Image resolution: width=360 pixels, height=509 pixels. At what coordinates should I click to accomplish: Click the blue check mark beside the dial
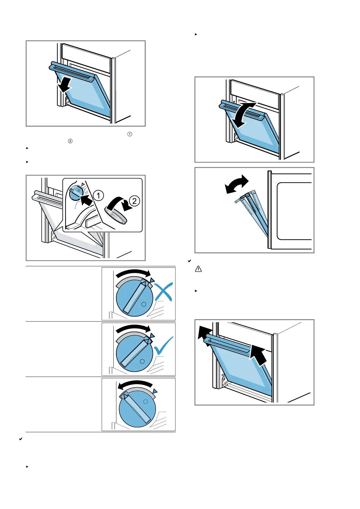click(x=164, y=346)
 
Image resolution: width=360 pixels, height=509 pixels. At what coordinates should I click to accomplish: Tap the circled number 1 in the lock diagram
click(x=98, y=196)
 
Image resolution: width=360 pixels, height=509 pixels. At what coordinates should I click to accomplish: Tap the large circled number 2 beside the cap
click(x=135, y=201)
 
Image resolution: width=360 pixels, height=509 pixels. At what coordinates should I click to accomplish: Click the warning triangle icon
click(x=198, y=269)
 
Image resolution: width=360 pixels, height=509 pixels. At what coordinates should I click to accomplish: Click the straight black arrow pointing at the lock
click(x=86, y=200)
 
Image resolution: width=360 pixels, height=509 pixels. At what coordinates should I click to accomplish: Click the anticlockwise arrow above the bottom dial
click(x=135, y=385)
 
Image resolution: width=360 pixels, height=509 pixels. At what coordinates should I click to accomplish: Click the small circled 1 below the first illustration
click(x=130, y=134)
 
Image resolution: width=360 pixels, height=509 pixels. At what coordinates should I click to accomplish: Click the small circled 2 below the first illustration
click(x=70, y=141)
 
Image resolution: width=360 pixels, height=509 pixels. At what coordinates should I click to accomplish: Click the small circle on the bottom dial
click(x=145, y=401)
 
